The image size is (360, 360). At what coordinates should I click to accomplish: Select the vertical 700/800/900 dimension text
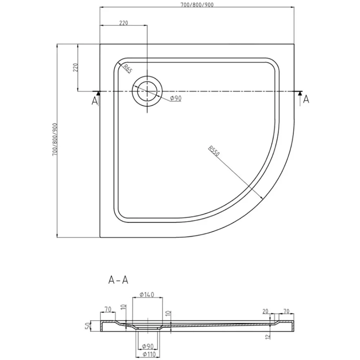click(54, 139)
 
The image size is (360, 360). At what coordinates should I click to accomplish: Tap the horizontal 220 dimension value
click(123, 23)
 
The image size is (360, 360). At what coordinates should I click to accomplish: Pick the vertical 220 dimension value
click(75, 68)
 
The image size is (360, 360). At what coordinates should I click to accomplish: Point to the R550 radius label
click(213, 153)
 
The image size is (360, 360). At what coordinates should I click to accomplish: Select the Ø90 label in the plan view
click(175, 99)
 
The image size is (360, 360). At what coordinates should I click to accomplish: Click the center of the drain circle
click(147, 91)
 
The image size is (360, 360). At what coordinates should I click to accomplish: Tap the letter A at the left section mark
click(95, 101)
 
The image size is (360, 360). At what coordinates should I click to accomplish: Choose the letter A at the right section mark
click(306, 99)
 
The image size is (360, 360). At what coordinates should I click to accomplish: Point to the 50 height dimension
click(87, 327)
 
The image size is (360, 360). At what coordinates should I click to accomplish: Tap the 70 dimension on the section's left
click(107, 308)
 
